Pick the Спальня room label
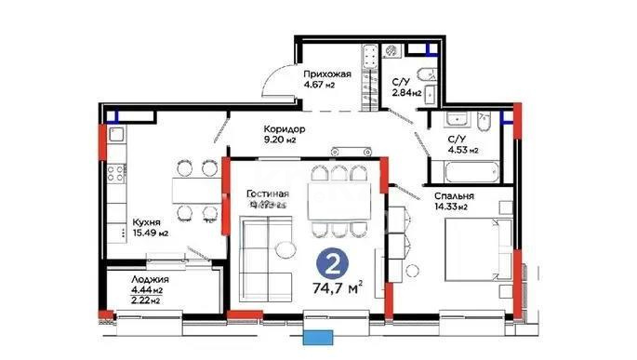455,196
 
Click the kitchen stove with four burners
118,174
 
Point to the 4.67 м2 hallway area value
318,85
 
